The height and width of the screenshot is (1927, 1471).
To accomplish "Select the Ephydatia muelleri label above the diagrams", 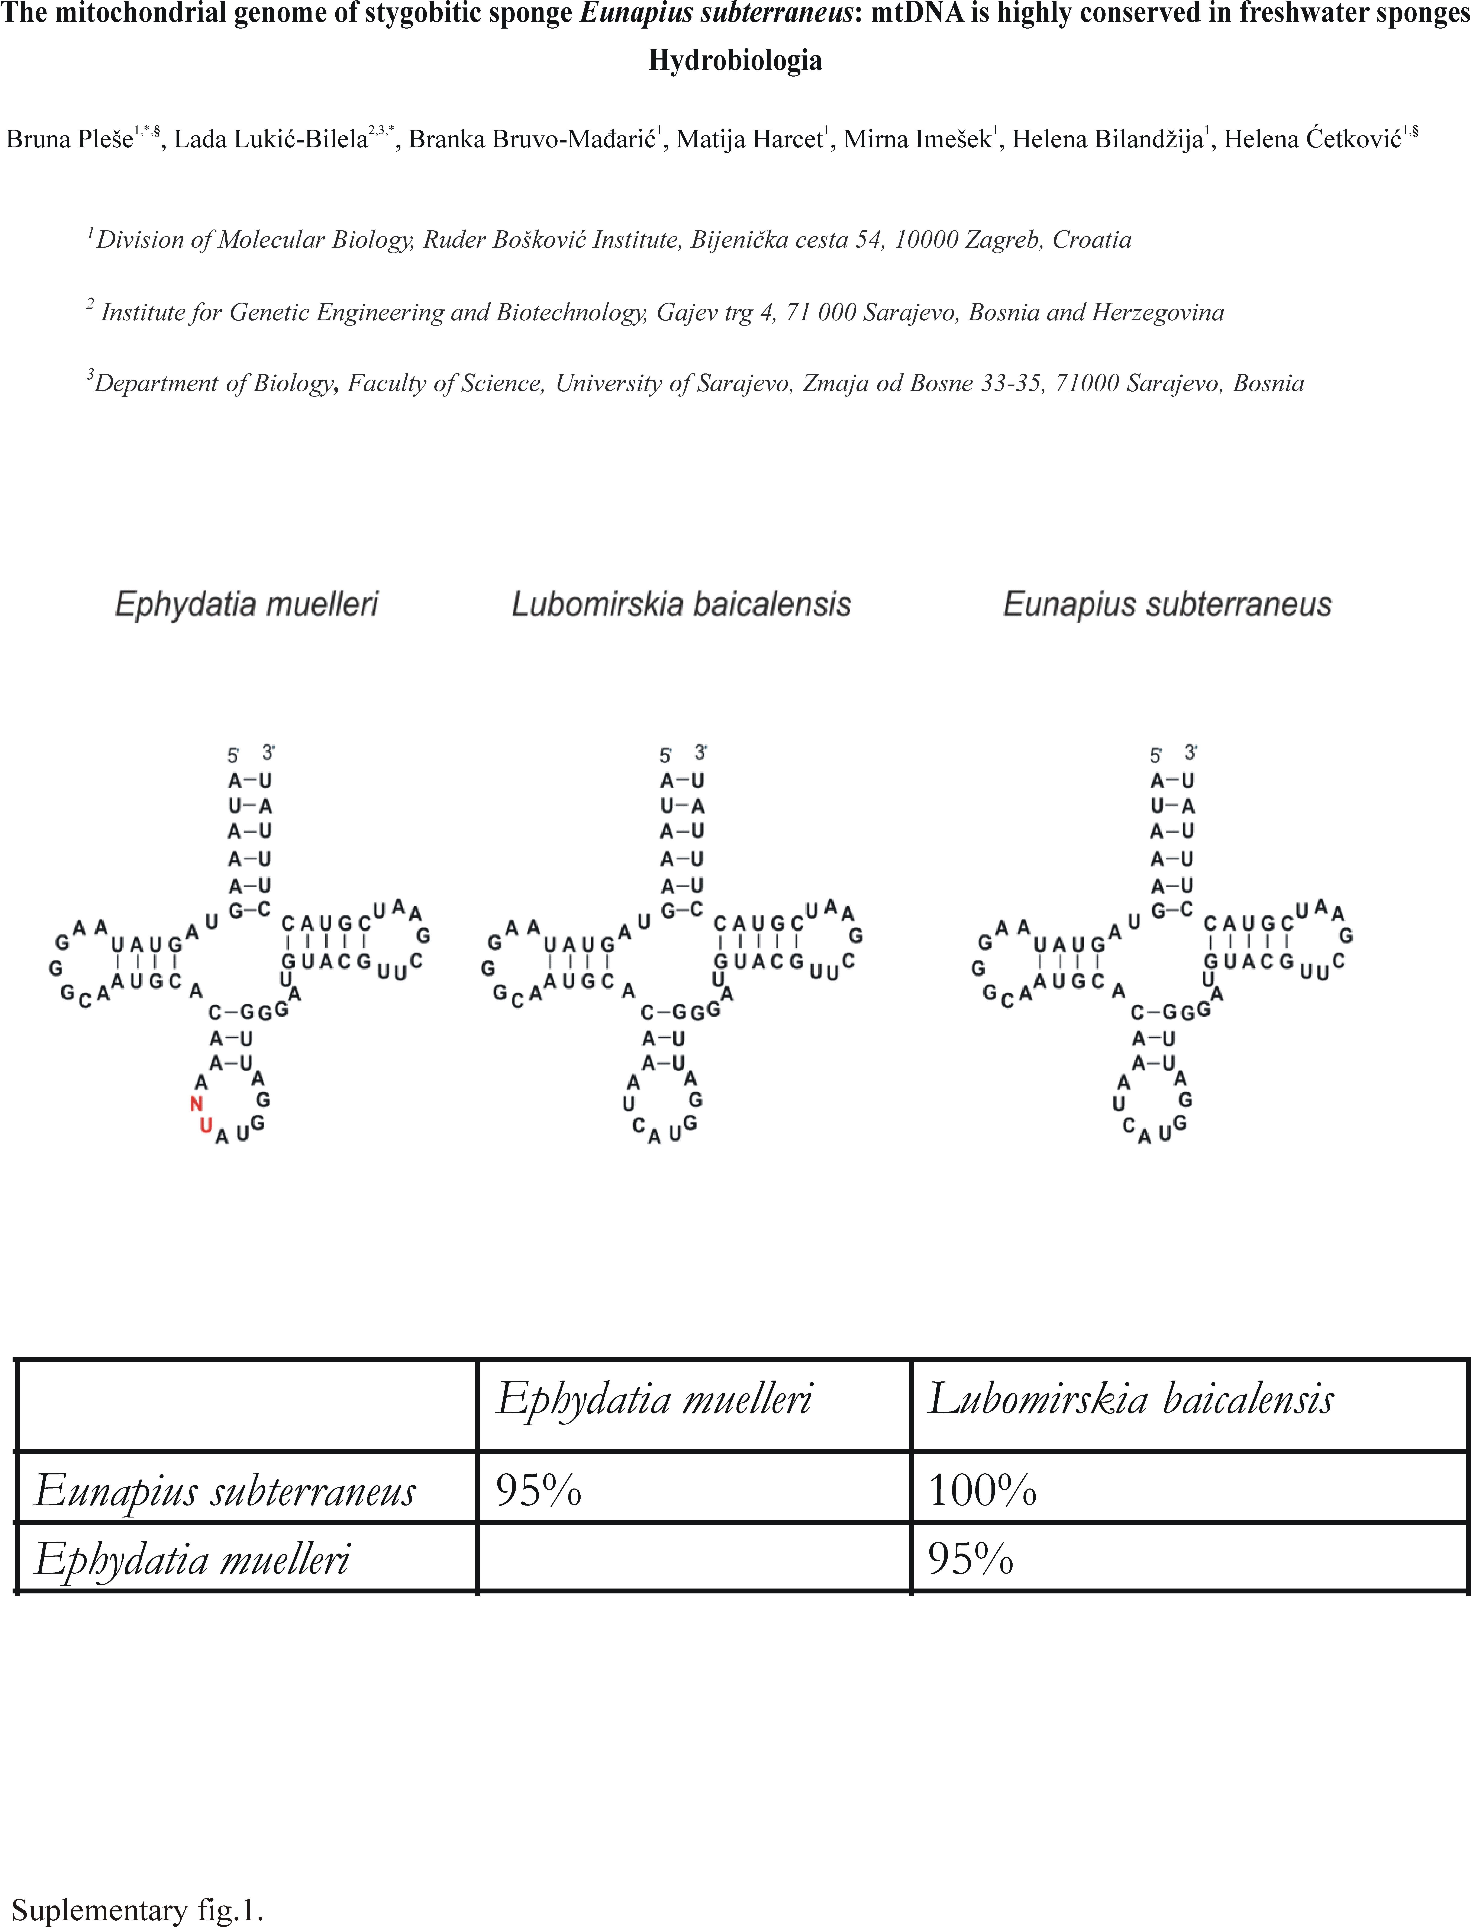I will tap(247, 604).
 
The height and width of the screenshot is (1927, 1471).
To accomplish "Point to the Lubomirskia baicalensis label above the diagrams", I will tap(681, 604).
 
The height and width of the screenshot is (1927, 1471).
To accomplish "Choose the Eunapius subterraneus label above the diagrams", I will tap(1167, 604).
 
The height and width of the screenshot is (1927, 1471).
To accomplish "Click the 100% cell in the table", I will tap(983, 1490).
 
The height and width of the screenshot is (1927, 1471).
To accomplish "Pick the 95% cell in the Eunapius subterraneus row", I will tap(539, 1490).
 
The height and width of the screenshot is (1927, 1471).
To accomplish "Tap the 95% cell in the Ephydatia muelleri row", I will tap(970, 1559).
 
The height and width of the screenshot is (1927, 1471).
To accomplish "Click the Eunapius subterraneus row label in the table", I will tap(225, 1490).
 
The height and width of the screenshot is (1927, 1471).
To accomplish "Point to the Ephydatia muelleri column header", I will tap(654, 1399).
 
